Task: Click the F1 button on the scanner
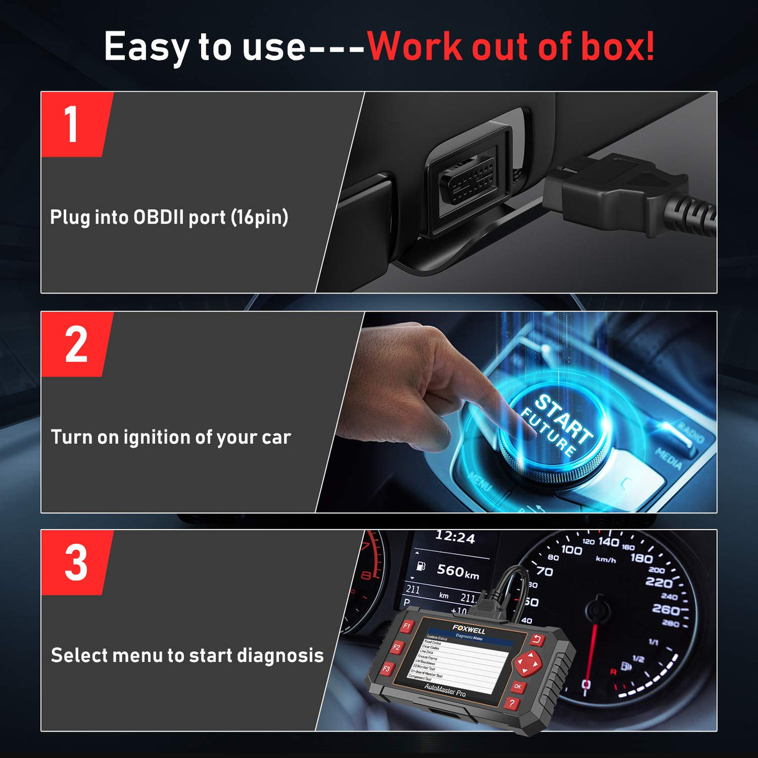(x=406, y=626)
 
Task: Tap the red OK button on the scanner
(x=518, y=687)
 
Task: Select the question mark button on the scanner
(x=511, y=704)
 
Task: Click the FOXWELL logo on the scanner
(x=468, y=629)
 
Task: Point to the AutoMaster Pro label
(x=445, y=690)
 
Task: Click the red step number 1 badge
(x=74, y=124)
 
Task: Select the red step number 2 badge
(x=76, y=344)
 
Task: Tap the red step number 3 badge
(x=76, y=563)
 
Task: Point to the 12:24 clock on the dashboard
(x=455, y=537)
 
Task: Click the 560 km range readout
(x=458, y=571)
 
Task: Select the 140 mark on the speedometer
(x=608, y=542)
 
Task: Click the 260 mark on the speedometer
(x=666, y=609)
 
